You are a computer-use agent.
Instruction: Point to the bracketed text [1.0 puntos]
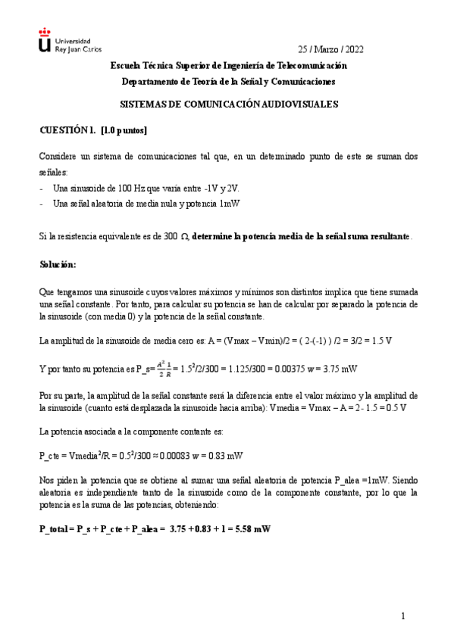[x=124, y=130]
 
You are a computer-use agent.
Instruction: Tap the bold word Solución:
[x=58, y=265]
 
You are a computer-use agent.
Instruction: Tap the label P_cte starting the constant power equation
[x=51, y=457]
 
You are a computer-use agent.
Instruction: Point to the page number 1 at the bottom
[x=404, y=617]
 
